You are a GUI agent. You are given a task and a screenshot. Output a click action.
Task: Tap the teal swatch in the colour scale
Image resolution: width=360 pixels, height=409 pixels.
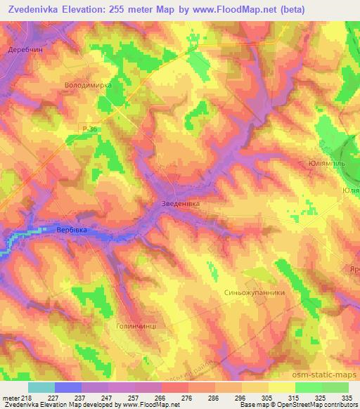pyautogui.click(x=41, y=387)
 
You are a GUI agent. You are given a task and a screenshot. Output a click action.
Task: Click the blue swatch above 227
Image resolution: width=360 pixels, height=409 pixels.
pyautogui.click(x=68, y=387)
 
